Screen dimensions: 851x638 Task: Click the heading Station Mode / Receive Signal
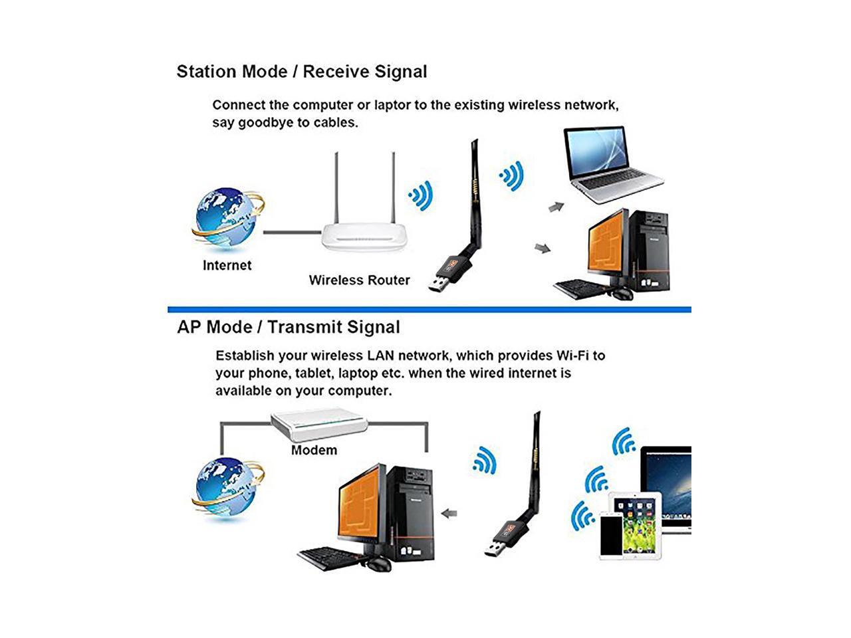click(x=301, y=72)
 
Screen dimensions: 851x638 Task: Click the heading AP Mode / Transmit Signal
click(x=288, y=327)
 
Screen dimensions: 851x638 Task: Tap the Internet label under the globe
click(x=227, y=265)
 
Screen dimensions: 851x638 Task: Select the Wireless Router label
click(x=359, y=280)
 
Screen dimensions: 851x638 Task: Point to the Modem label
click(x=314, y=450)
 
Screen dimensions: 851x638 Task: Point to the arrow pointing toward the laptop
click(x=556, y=207)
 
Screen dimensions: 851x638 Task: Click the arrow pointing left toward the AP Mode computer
click(x=450, y=513)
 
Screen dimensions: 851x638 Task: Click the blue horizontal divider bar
click(x=429, y=310)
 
